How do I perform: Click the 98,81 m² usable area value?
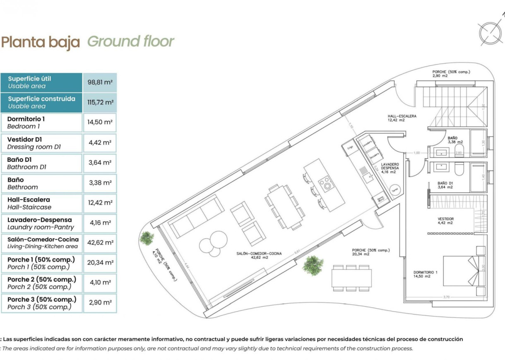coord(100,82)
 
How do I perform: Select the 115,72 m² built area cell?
coord(100,102)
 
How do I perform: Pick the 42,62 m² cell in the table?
coord(100,242)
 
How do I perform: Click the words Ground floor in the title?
coord(131,42)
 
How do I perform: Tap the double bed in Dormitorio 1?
coord(460,271)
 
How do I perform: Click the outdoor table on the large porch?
coord(351,278)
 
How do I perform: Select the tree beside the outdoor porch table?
coord(313,265)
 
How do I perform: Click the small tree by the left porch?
coord(147,238)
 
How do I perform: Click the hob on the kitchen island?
coord(326,182)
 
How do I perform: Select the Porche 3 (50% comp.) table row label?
coord(41,303)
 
